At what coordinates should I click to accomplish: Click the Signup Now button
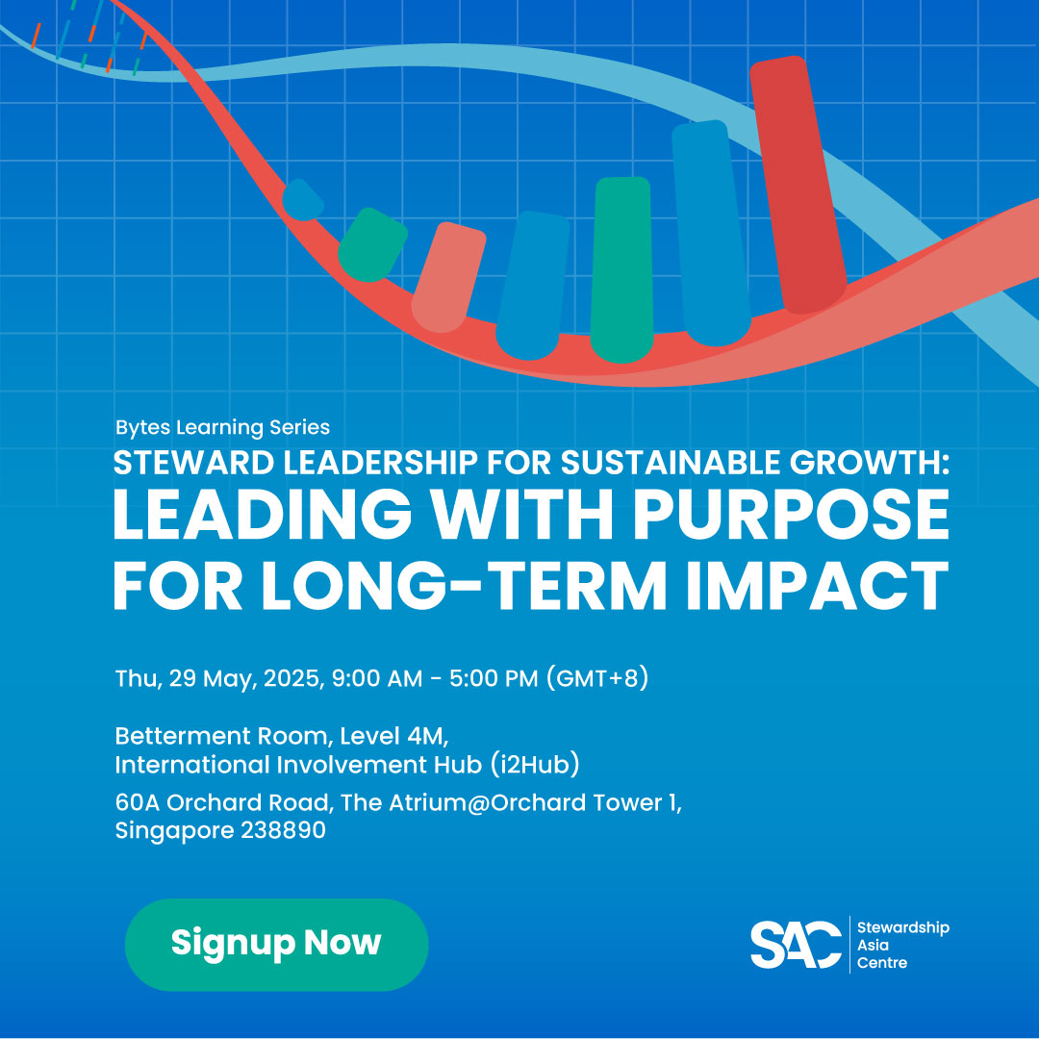point(276,945)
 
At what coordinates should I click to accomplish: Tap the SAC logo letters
point(796,945)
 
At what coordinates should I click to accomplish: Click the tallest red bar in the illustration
point(798,184)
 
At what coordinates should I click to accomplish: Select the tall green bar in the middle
point(621,269)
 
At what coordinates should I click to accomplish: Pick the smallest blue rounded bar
point(302,199)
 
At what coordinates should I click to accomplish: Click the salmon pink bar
point(448,277)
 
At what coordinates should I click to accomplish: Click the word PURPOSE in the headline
point(791,515)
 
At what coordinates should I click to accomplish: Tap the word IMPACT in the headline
point(817,585)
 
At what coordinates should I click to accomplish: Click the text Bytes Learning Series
point(222,427)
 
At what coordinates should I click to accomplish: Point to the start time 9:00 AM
point(376,678)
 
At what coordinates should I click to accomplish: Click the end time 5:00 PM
point(494,678)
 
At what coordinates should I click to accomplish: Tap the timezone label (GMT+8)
point(597,678)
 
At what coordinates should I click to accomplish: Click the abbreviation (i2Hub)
point(536,765)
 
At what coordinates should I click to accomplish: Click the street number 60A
point(138,802)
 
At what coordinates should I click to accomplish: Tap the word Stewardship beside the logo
point(903,927)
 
